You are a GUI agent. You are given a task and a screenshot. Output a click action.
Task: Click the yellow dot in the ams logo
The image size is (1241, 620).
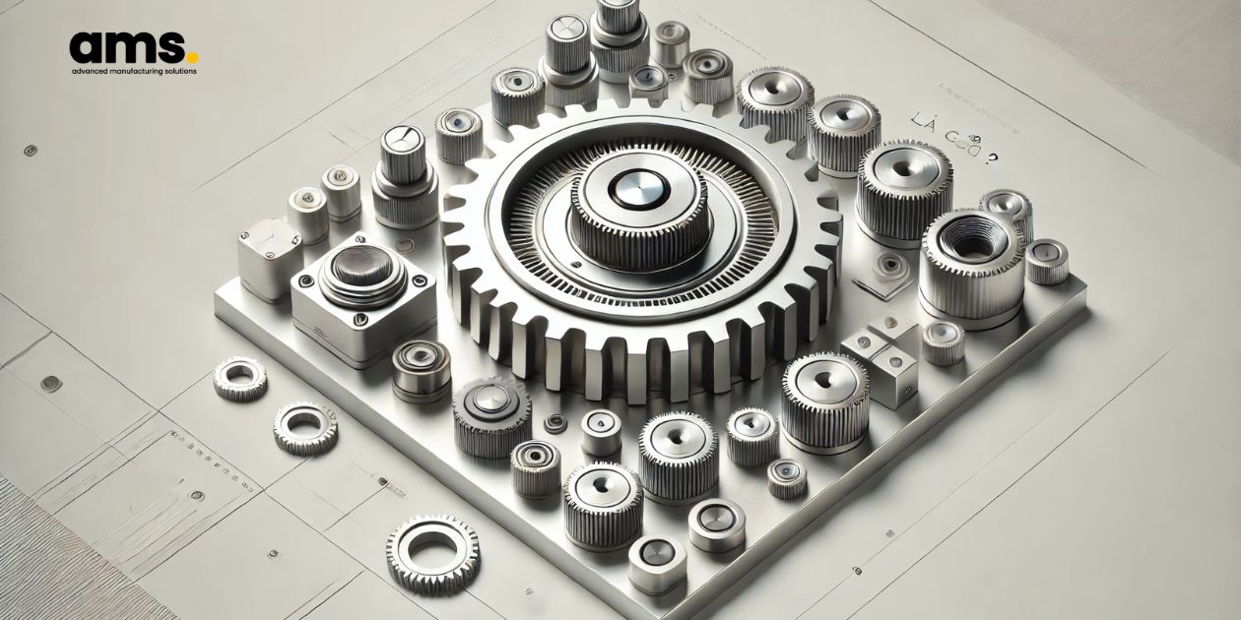coord(193,58)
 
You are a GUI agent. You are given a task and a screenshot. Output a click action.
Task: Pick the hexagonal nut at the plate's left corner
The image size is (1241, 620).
coord(269,257)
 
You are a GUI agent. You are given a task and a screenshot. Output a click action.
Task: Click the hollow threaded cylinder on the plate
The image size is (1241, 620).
coord(970,260)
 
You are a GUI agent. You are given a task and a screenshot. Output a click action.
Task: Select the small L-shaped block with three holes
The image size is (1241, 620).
coord(882,360)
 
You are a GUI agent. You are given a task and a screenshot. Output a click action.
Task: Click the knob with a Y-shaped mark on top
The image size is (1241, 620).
coord(404,141)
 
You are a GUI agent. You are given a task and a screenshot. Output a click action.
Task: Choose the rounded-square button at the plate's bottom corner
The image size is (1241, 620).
coord(657,562)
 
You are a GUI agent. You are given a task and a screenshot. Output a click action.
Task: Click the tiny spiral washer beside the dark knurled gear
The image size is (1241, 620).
coord(555,423)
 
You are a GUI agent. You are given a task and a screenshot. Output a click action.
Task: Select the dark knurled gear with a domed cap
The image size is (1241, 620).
coord(491,414)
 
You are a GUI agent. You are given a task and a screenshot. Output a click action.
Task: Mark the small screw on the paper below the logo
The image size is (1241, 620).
coord(30,151)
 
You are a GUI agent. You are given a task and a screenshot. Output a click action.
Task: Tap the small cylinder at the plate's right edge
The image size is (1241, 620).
coord(1047,261)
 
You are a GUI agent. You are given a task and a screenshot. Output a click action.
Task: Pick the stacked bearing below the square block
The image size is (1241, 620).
coord(421,368)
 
